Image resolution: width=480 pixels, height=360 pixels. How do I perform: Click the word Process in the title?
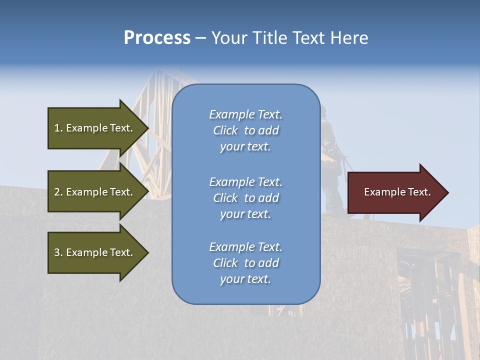click(157, 38)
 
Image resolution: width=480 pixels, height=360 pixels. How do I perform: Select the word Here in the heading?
click(348, 38)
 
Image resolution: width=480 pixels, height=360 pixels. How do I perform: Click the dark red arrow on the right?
click(395, 192)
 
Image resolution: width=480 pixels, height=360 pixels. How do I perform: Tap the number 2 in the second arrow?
click(57, 192)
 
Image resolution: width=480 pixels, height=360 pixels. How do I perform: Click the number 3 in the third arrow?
click(57, 252)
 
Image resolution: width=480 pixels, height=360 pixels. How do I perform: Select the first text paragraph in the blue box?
click(245, 130)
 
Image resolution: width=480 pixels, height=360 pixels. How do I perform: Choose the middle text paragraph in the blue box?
click(245, 198)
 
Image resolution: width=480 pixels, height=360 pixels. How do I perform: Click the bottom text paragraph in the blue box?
click(245, 263)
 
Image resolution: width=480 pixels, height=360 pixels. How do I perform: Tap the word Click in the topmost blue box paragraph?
click(225, 130)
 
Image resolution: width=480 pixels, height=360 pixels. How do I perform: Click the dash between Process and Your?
click(201, 38)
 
